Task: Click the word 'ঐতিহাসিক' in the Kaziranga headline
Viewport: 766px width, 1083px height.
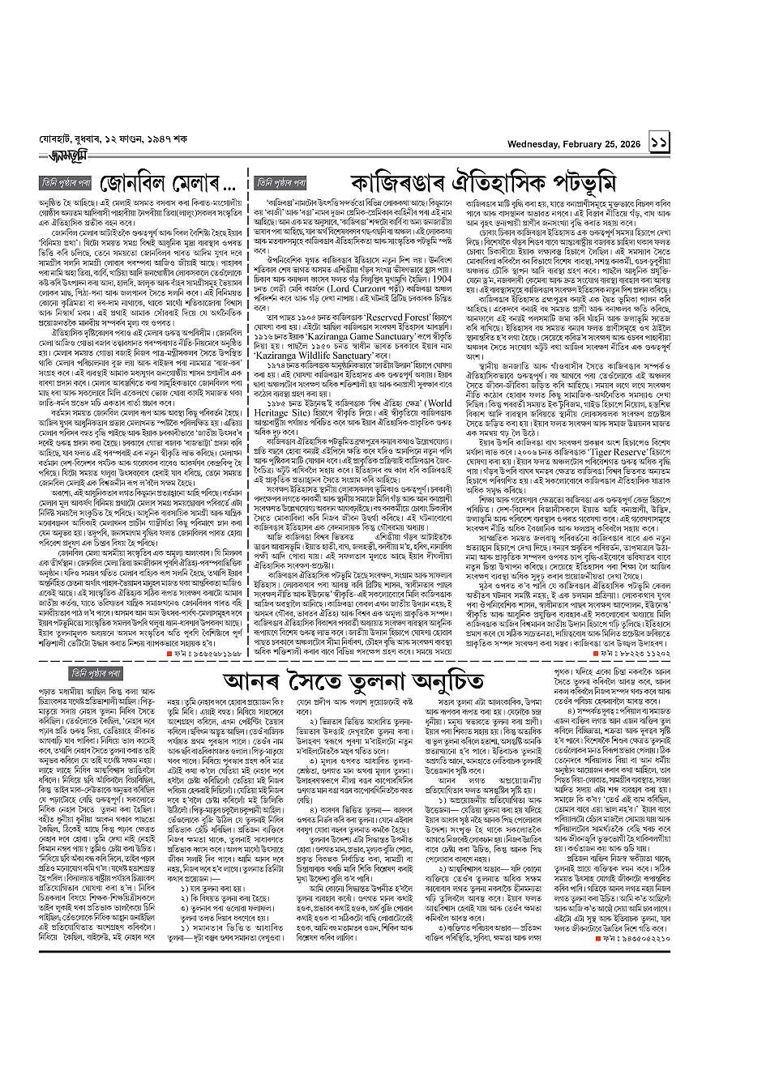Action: click(x=507, y=181)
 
